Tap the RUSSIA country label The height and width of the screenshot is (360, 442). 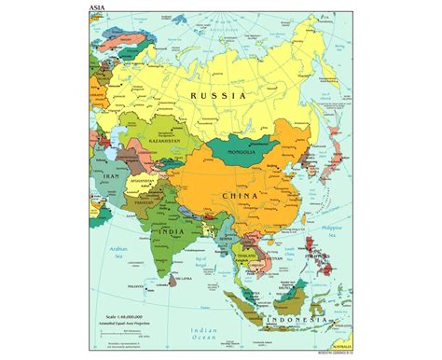pos(217,95)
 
